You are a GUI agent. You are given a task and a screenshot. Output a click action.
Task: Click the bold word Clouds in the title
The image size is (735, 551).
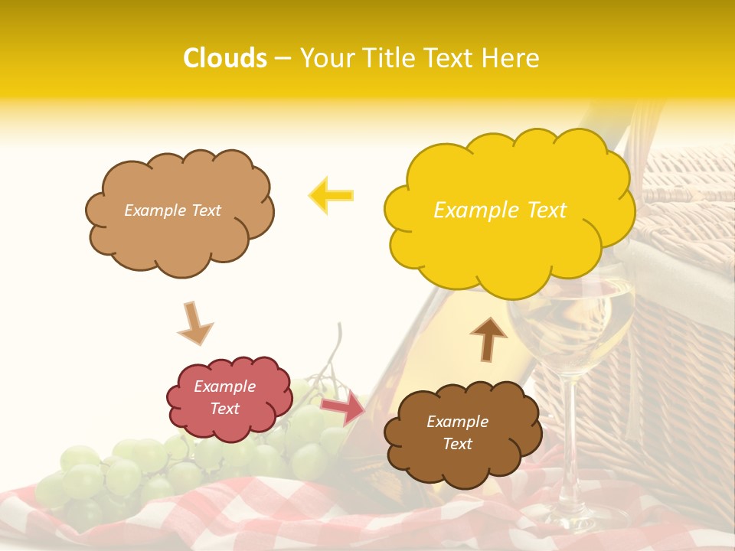click(x=225, y=58)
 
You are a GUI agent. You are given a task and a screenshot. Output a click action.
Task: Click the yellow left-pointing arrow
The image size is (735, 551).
click(x=331, y=195)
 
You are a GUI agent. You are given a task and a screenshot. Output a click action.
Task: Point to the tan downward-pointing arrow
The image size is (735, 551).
click(x=194, y=324)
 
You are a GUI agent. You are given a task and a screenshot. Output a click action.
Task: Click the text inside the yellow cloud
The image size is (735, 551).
click(x=500, y=210)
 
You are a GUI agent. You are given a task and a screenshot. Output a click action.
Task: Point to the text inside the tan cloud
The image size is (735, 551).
click(x=172, y=210)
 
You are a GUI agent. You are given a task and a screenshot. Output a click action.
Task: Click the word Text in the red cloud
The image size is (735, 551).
click(x=225, y=409)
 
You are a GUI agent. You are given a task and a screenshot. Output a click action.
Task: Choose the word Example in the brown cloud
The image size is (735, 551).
click(x=457, y=422)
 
